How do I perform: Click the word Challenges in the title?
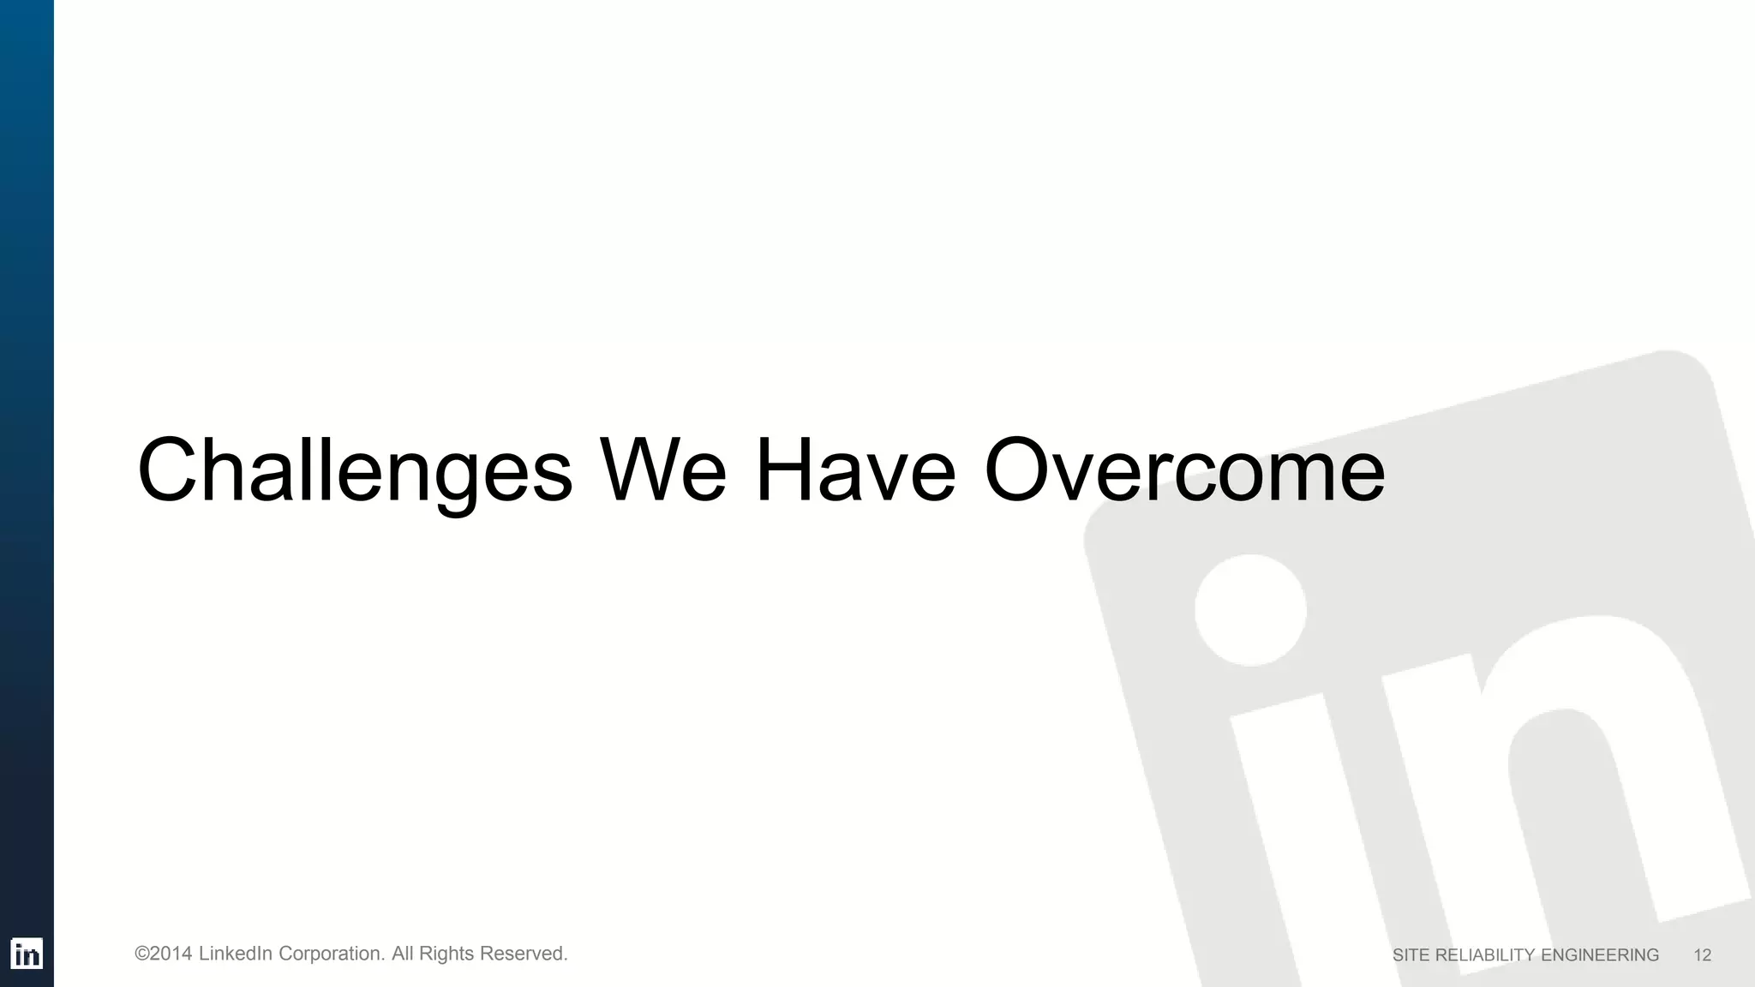[x=354, y=471]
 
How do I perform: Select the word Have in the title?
[x=854, y=471]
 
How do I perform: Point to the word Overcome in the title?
[x=1184, y=471]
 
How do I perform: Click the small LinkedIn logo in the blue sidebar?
[x=27, y=954]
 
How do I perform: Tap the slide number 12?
[x=1702, y=955]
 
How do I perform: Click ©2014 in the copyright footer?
[x=163, y=954]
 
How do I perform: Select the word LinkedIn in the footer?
[x=236, y=954]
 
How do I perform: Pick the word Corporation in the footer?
[x=331, y=954]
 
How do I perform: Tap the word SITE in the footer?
[x=1411, y=955]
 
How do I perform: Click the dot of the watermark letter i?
[x=1250, y=610]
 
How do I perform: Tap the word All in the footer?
[x=403, y=954]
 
